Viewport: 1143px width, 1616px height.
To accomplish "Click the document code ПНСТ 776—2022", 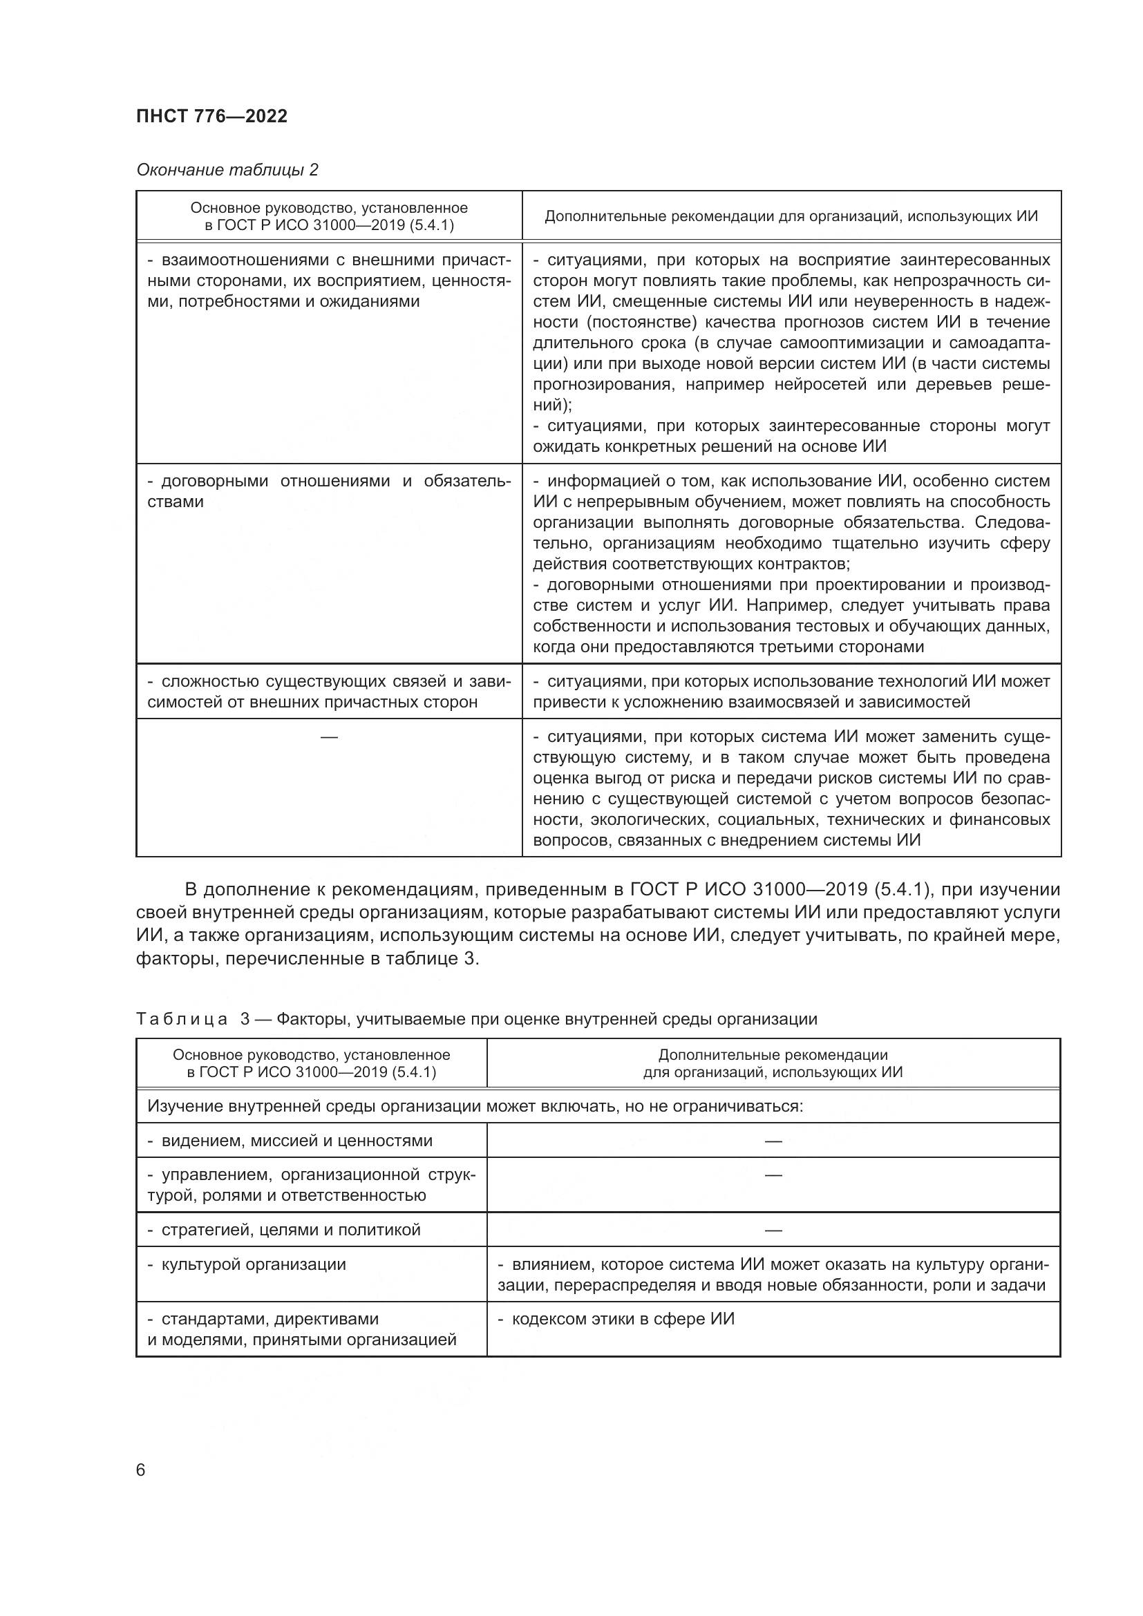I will click(212, 116).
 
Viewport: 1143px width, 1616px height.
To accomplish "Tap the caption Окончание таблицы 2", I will click(227, 170).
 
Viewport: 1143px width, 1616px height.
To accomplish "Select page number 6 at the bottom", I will click(141, 1470).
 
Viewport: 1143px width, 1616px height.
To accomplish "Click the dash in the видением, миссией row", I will click(773, 1141).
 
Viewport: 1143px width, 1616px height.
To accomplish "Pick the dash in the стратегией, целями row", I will click(773, 1230).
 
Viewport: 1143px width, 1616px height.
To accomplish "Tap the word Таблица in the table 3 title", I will click(182, 1019).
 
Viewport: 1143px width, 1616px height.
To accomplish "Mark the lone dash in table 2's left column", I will click(329, 737).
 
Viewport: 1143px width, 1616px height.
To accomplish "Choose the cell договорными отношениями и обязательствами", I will click(329, 491).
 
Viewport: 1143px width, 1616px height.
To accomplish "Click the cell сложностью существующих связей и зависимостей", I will click(329, 691).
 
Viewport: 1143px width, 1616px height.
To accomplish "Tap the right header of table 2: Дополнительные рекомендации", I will click(791, 216).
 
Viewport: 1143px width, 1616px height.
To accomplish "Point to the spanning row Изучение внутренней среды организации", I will click(474, 1105).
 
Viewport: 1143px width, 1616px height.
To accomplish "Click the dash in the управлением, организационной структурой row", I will click(773, 1175).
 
